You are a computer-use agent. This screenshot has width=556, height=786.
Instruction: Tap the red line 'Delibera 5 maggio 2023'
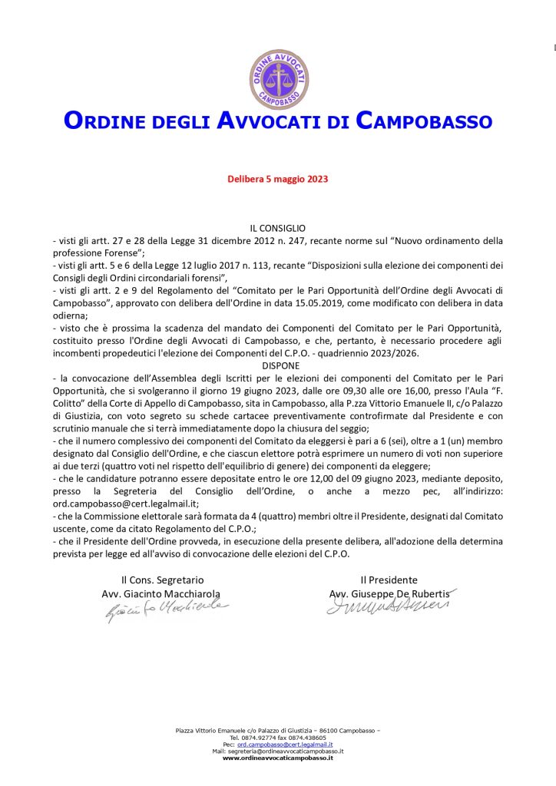tap(277, 179)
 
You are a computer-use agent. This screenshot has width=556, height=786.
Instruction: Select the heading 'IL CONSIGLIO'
tap(277, 228)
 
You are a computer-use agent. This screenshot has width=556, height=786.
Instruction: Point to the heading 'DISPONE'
tap(277, 366)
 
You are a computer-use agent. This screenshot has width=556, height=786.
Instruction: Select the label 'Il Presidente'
tap(389, 580)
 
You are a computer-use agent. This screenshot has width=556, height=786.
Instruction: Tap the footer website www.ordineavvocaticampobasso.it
tap(278, 758)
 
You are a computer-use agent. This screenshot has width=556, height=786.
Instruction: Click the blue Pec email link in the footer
tap(285, 744)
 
